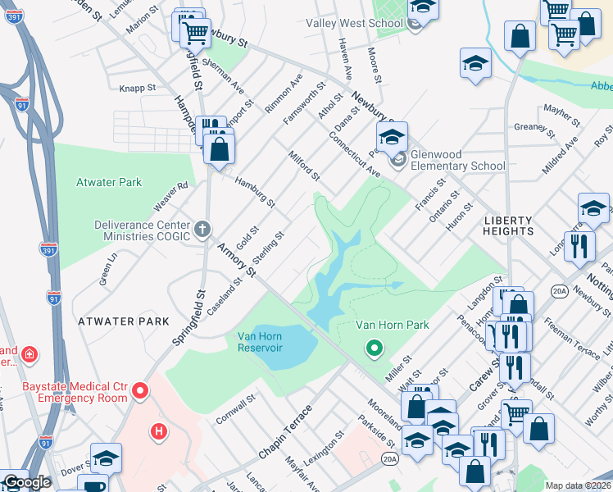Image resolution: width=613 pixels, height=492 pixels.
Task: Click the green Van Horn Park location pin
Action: pyautogui.click(x=375, y=348)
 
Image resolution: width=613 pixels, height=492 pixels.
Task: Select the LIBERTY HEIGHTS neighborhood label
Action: pyautogui.click(x=508, y=225)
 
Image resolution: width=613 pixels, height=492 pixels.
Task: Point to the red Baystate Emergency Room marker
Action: pyautogui.click(x=139, y=389)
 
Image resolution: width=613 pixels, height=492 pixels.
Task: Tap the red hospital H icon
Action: pyautogui.click(x=159, y=430)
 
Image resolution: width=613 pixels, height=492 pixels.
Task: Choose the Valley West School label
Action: pyautogui.click(x=354, y=23)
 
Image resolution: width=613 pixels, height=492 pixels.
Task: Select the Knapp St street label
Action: pyautogui.click(x=137, y=87)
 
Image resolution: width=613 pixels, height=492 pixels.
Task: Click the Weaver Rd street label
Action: pyautogui.click(x=171, y=197)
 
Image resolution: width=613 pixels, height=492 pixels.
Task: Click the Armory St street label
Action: pyautogui.click(x=237, y=259)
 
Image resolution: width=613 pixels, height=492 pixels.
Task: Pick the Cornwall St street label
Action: pyautogui.click(x=232, y=409)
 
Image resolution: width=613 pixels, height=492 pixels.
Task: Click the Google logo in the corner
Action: pyautogui.click(x=27, y=483)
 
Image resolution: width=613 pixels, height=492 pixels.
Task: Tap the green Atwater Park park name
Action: pyautogui.click(x=109, y=182)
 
